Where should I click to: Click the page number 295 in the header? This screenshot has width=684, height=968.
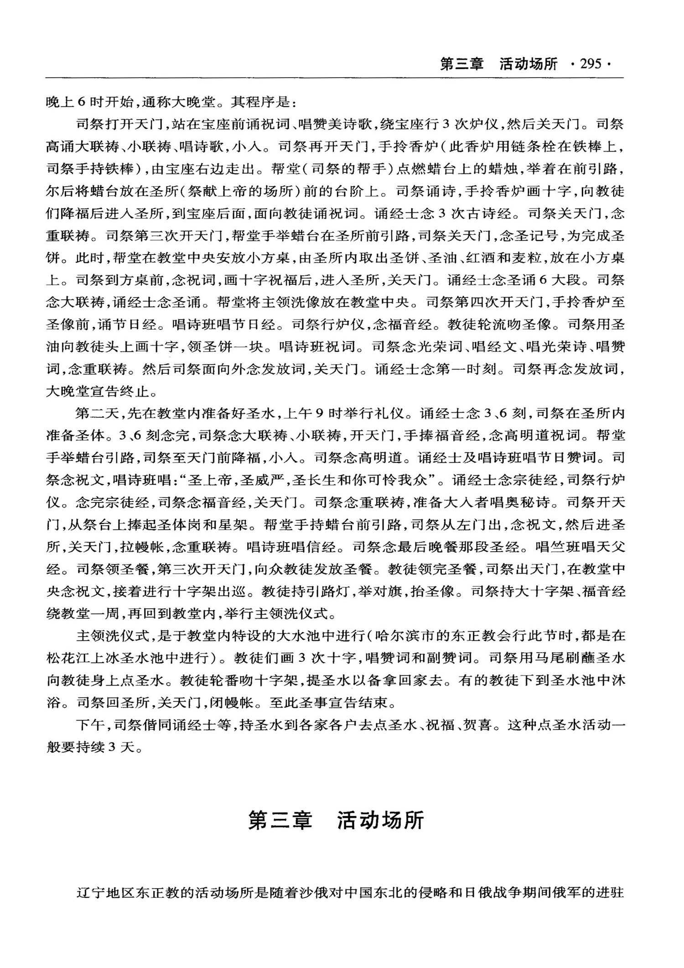click(x=591, y=64)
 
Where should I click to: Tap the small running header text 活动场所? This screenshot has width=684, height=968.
click(x=528, y=64)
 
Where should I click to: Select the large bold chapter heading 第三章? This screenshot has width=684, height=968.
click(x=280, y=820)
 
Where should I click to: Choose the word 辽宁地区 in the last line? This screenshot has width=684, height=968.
click(x=106, y=892)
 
